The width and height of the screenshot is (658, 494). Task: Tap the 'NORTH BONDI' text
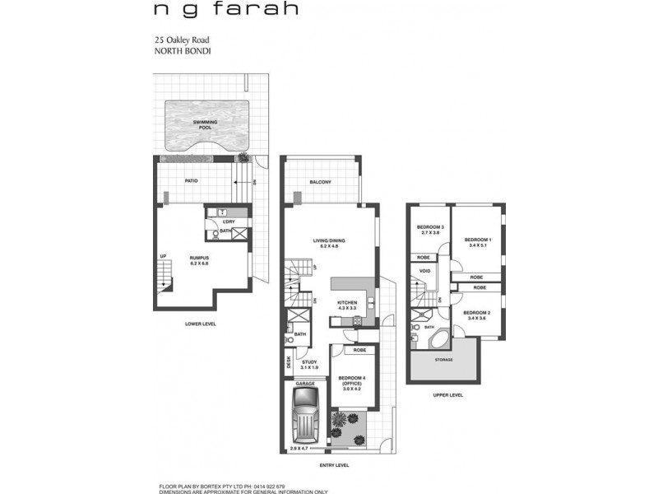(x=178, y=49)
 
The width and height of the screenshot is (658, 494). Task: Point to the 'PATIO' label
(x=191, y=181)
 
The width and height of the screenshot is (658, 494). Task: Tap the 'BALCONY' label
(x=320, y=182)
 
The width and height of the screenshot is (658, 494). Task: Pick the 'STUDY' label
(x=309, y=364)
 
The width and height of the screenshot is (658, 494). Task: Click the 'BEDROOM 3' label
(x=430, y=229)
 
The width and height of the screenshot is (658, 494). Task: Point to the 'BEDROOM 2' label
(x=476, y=315)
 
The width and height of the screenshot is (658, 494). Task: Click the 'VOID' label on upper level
(x=424, y=271)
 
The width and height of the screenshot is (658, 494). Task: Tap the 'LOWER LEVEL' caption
(x=200, y=324)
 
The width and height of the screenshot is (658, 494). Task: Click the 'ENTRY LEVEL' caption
(x=333, y=466)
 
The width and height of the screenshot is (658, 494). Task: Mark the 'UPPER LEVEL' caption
(x=447, y=395)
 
